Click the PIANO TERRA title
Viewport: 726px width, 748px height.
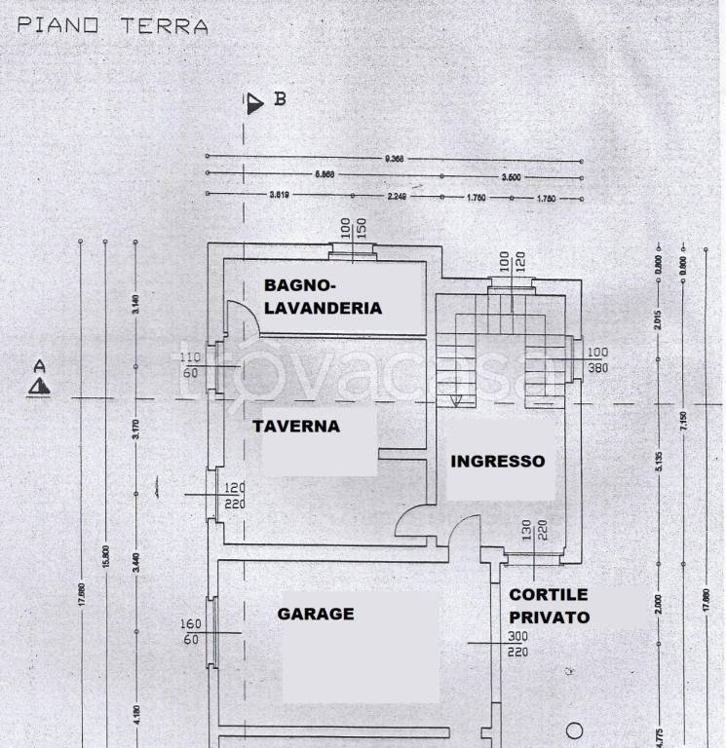113,25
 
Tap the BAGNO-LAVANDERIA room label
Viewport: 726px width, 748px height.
323,297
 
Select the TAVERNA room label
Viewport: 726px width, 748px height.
296,426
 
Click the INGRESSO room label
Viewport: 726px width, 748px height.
497,462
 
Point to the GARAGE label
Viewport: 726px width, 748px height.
315,614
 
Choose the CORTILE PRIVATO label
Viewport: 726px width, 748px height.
549,605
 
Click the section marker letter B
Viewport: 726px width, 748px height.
280,98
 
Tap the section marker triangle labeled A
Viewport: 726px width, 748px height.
39,387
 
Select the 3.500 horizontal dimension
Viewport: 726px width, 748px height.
511,177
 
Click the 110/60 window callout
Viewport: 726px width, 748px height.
189,364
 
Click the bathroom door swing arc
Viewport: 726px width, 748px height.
241,317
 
